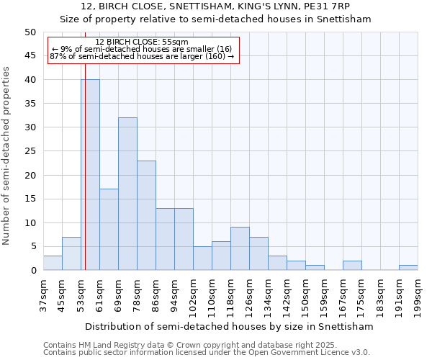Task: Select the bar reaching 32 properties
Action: tap(127, 194)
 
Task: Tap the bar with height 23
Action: tap(146, 215)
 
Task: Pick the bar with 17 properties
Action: tap(109, 230)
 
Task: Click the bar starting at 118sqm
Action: tap(240, 249)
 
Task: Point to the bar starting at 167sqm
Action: tap(352, 266)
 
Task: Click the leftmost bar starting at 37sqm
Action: tap(53, 264)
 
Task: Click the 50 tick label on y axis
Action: tap(30, 32)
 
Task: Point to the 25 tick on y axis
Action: tap(30, 151)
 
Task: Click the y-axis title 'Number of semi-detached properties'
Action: tap(7, 156)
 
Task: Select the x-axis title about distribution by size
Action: tap(230, 326)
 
